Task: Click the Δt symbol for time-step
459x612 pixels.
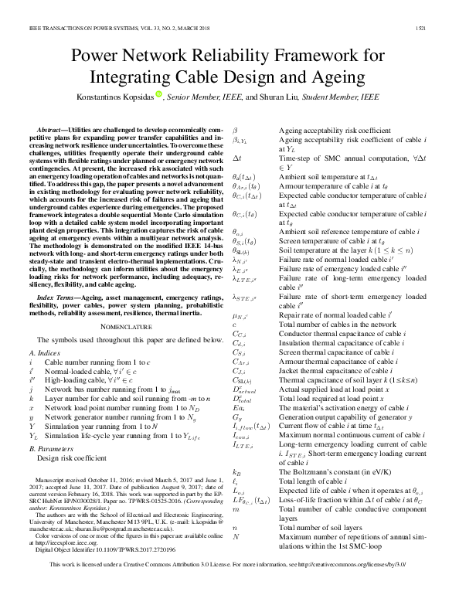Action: pos(237,156)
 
